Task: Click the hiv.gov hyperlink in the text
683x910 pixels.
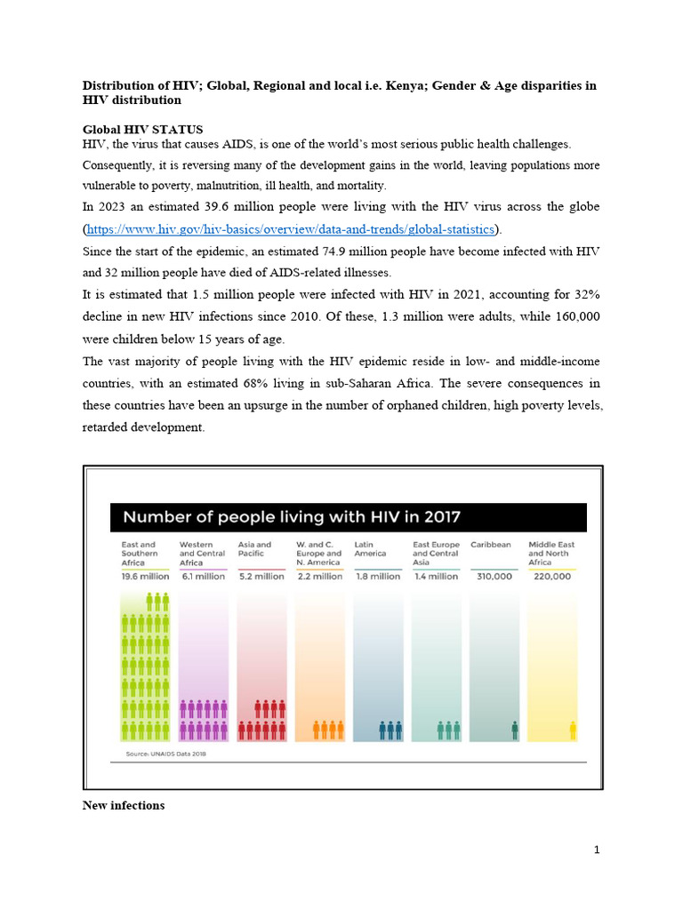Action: click(x=292, y=229)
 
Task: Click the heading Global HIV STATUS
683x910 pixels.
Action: click(x=142, y=130)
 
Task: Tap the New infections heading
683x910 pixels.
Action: click(x=124, y=805)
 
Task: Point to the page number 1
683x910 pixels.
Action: click(x=597, y=850)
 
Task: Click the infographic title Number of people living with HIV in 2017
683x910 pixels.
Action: click(x=291, y=516)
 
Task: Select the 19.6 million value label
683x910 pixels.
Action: click(x=145, y=576)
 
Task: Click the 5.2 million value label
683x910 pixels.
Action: click(x=261, y=576)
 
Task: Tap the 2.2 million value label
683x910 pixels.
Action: click(x=319, y=576)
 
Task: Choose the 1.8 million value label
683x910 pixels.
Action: click(x=377, y=576)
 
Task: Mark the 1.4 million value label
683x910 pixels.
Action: click(x=436, y=576)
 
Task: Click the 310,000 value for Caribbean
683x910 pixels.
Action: click(x=491, y=576)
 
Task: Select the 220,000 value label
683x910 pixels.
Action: click(x=552, y=576)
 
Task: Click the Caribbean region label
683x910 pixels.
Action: click(x=490, y=545)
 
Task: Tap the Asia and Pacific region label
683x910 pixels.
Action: click(x=255, y=548)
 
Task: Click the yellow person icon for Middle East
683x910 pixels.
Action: click(x=573, y=730)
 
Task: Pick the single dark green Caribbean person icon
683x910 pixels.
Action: click(x=514, y=730)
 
